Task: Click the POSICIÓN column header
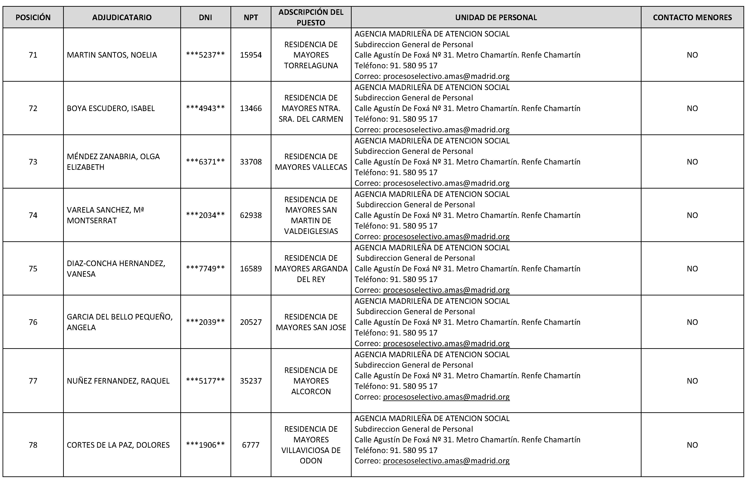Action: click(x=33, y=17)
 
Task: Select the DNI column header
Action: click(x=205, y=17)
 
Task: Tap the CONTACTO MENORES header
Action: click(x=692, y=17)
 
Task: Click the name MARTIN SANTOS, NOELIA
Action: click(x=112, y=55)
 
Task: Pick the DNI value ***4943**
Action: click(x=205, y=109)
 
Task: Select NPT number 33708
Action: click(x=251, y=162)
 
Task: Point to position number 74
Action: click(x=33, y=215)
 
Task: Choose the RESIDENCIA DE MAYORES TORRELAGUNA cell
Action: click(x=311, y=55)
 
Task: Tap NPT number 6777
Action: click(x=251, y=445)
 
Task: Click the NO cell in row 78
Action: click(x=692, y=445)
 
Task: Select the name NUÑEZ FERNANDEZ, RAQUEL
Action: click(x=118, y=381)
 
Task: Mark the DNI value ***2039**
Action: click(x=205, y=322)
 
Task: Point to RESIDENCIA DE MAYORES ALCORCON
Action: click(x=311, y=381)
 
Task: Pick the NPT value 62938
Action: click(x=251, y=215)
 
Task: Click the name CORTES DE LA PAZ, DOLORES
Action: click(x=118, y=445)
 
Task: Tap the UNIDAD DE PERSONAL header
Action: click(x=496, y=17)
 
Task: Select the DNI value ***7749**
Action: click(x=205, y=269)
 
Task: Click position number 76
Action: click(x=33, y=322)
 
